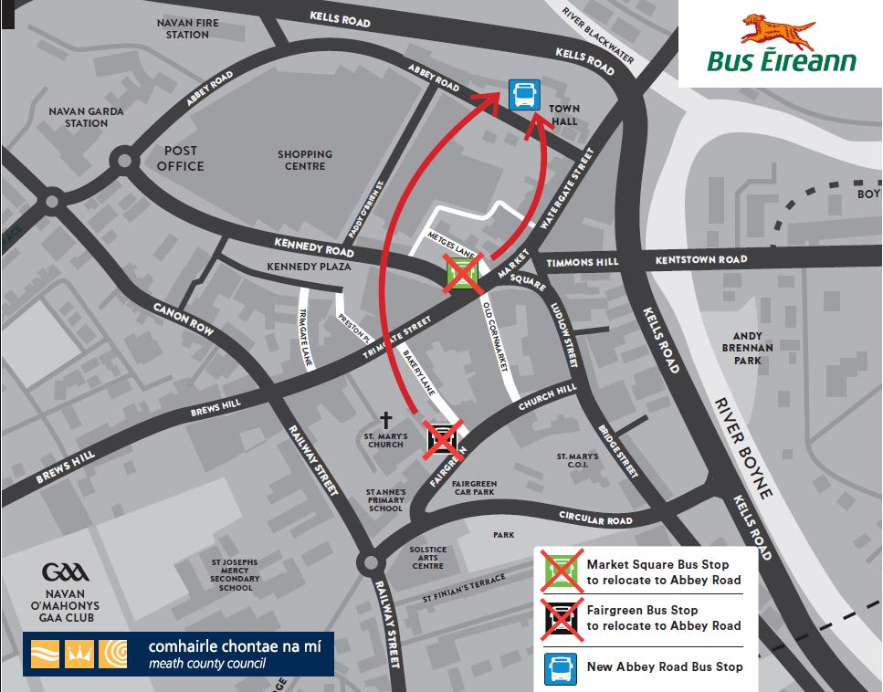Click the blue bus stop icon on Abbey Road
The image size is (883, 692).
click(x=524, y=94)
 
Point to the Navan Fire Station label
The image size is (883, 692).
click(x=183, y=28)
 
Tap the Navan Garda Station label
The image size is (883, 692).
click(x=87, y=117)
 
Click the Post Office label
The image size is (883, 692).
click(x=181, y=158)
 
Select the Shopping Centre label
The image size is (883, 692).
click(x=305, y=161)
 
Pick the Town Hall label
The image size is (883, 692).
click(x=563, y=115)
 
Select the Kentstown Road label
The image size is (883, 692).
click(x=700, y=260)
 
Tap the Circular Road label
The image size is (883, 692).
click(x=594, y=519)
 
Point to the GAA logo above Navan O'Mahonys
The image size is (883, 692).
click(x=65, y=572)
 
